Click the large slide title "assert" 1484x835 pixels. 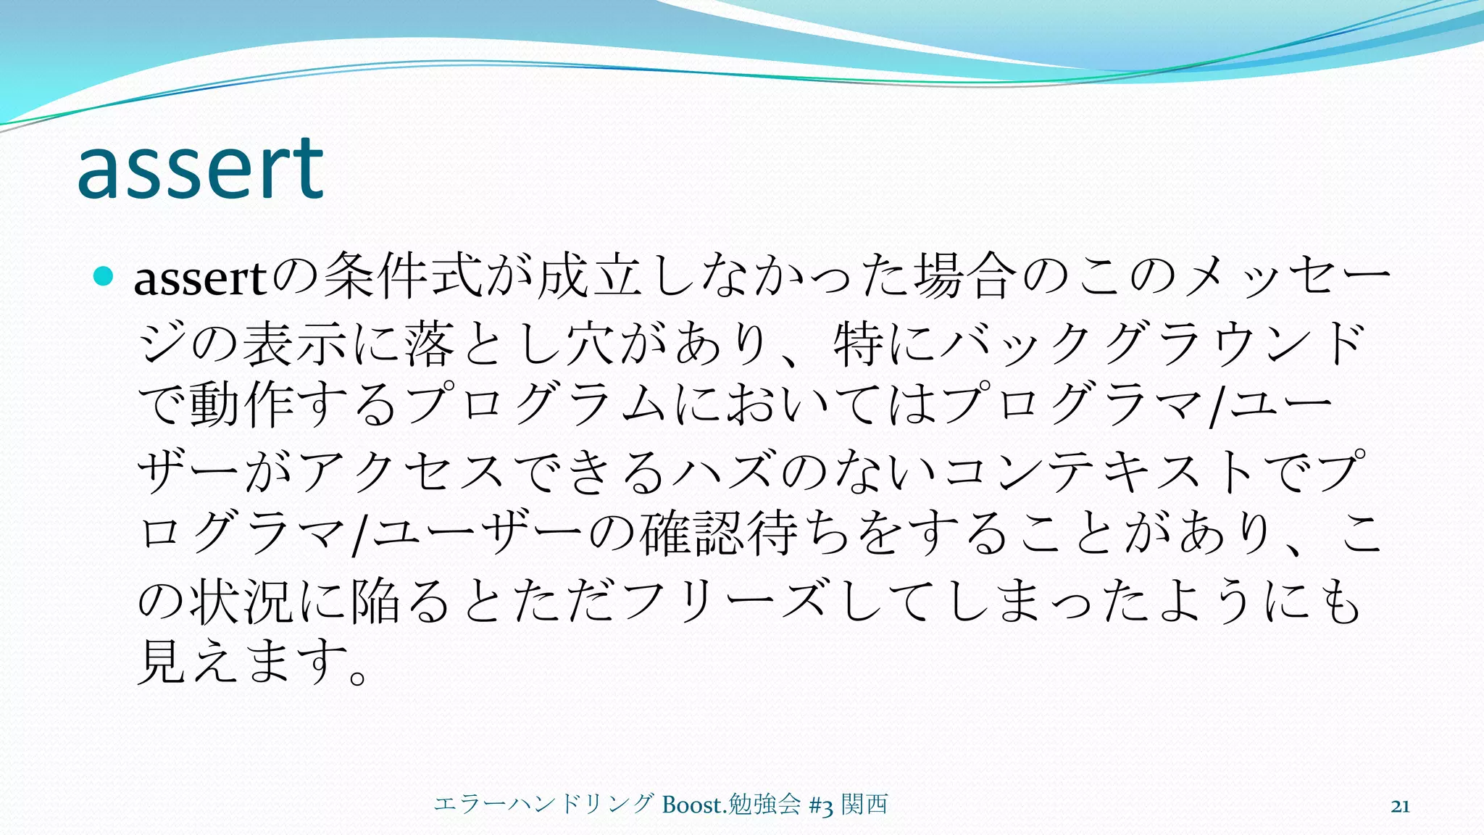pos(200,170)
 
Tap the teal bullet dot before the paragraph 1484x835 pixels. pos(104,275)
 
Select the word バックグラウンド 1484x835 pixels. pos(1152,343)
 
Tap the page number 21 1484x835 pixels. pos(1400,806)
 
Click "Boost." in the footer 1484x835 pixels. pos(693,805)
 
